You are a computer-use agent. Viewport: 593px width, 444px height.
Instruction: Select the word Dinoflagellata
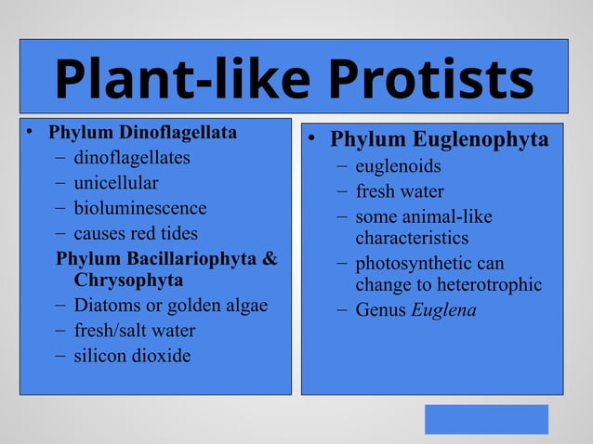pyautogui.click(x=176, y=133)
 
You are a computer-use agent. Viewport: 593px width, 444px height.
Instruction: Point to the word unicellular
pyautogui.click(x=116, y=183)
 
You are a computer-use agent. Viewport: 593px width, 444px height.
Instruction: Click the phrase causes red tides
pyautogui.click(x=136, y=233)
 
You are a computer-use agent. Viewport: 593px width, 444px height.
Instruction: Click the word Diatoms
pyautogui.click(x=105, y=306)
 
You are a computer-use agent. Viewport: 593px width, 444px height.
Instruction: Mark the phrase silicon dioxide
pyautogui.click(x=132, y=356)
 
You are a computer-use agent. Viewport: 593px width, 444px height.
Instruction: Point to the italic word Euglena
pyautogui.click(x=443, y=310)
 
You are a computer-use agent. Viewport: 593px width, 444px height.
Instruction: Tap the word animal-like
pyautogui.click(x=446, y=217)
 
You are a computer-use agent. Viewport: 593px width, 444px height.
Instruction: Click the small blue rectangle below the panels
pyautogui.click(x=486, y=419)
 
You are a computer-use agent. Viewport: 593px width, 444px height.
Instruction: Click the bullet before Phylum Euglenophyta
pyautogui.click(x=315, y=140)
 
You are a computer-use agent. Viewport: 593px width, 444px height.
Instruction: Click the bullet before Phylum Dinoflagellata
pyautogui.click(x=31, y=133)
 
